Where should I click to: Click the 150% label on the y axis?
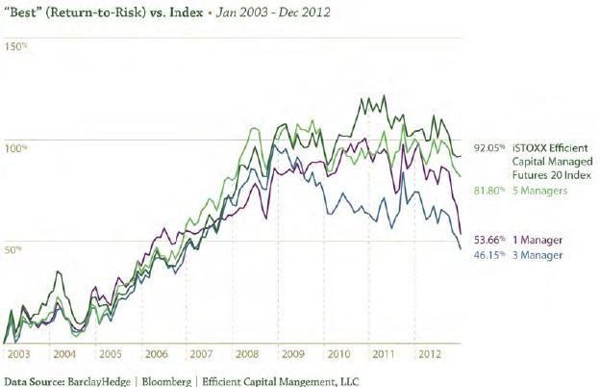click(x=15, y=46)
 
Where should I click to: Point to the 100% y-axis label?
click(x=15, y=147)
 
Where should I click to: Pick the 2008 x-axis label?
click(x=248, y=355)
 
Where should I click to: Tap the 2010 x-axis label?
click(x=339, y=355)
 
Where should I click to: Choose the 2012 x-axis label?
click(x=430, y=355)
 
